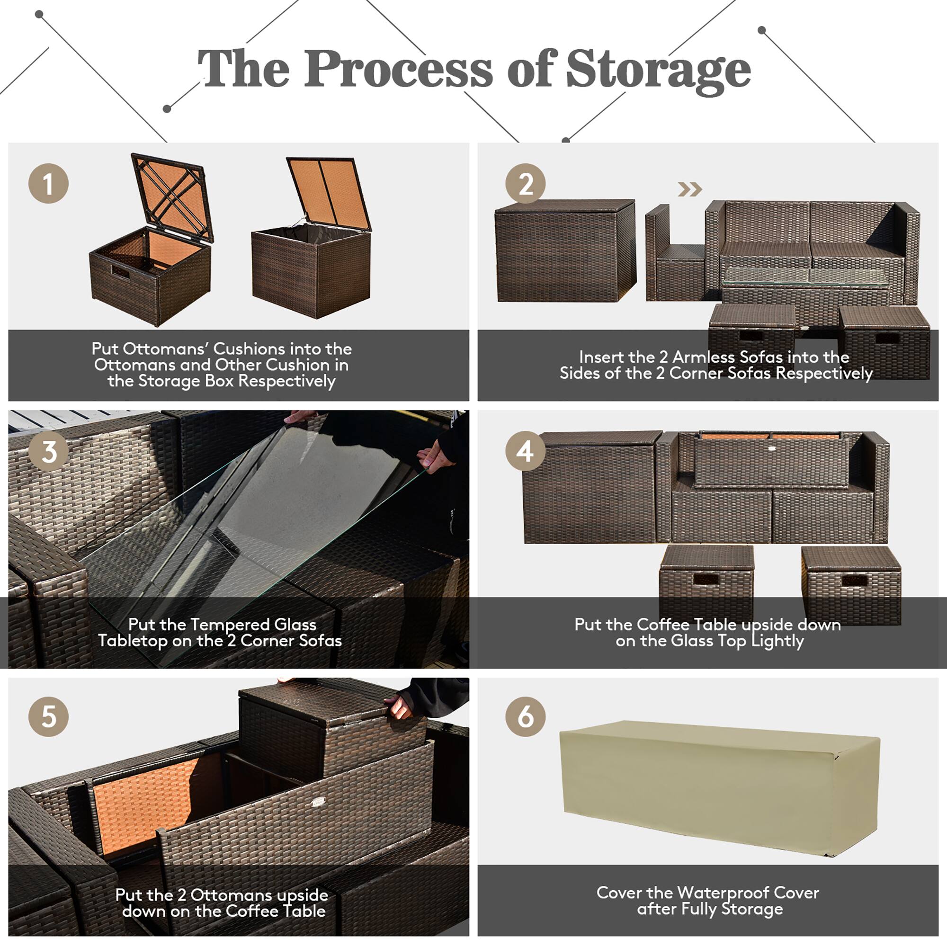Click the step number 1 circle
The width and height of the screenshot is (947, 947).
48,184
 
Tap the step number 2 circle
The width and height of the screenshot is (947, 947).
526,184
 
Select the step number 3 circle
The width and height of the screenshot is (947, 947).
48,451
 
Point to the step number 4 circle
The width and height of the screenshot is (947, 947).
526,451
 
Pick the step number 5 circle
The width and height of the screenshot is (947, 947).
48,716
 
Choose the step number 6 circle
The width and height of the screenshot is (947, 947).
526,716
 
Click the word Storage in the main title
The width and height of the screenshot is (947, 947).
658,70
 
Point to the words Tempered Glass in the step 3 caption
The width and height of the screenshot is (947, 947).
253,625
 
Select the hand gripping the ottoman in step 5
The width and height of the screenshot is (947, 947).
400,706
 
